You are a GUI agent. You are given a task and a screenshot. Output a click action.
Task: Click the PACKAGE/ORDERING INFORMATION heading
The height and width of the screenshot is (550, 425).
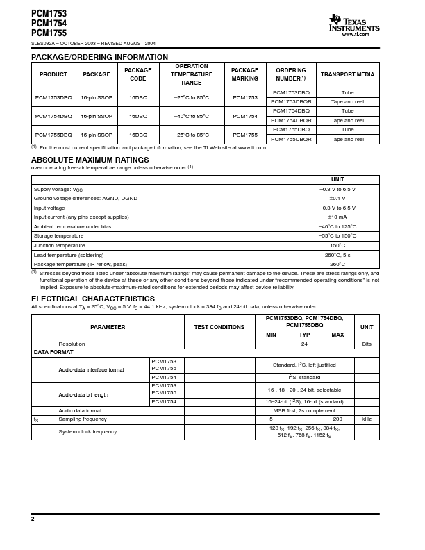point(99,57)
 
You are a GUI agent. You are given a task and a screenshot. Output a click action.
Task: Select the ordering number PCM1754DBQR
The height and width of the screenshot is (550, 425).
point(292,120)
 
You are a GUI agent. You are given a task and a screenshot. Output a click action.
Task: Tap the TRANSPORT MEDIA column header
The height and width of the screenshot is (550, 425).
point(347,74)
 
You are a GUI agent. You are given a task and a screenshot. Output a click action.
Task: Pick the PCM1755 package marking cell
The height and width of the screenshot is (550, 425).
point(245,135)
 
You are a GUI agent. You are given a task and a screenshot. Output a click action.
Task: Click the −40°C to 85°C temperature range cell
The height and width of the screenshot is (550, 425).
point(192,116)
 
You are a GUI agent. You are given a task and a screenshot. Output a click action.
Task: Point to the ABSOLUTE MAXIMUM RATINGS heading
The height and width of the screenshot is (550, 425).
point(90,160)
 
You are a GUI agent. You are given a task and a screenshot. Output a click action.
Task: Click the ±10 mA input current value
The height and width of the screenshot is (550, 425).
point(337,217)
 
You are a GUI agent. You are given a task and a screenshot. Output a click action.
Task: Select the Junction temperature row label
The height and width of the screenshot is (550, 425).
point(60,245)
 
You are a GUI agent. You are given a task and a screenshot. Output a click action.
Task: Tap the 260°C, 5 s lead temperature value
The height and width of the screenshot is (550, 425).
point(337,255)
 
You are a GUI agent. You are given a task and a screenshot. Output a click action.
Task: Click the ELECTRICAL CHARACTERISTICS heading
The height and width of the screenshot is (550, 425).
point(93,299)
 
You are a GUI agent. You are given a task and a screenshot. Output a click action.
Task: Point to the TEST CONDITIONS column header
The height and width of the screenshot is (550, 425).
point(219,327)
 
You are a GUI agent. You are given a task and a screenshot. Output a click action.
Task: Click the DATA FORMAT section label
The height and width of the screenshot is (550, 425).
point(54,353)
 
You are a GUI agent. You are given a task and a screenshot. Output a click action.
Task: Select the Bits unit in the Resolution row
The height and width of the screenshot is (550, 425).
point(367,344)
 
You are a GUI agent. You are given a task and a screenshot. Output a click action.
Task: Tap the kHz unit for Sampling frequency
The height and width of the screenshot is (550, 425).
point(367,419)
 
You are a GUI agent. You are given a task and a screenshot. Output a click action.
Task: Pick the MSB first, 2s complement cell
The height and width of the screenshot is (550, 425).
point(304,410)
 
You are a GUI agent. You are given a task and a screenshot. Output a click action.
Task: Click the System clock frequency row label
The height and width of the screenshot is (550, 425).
point(87,432)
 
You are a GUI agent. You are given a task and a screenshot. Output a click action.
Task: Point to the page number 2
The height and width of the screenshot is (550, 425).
point(33,519)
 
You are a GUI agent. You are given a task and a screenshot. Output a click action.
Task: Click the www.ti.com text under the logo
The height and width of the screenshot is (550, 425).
point(356,34)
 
